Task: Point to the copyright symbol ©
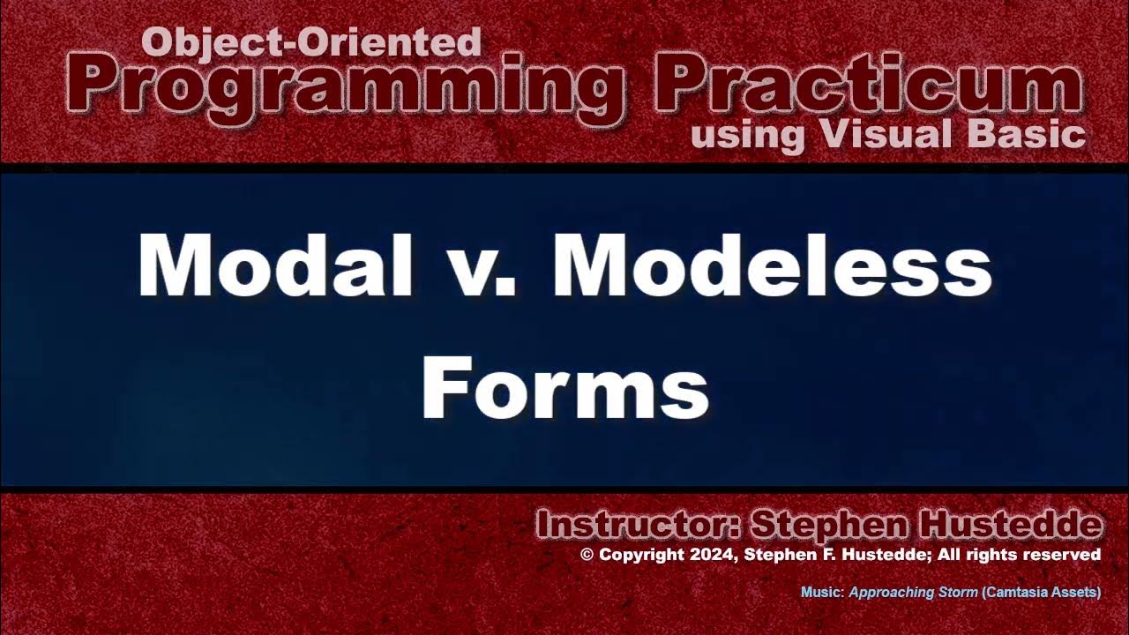tap(587, 555)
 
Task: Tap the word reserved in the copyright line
tap(1068, 555)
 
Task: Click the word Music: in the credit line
tap(822, 593)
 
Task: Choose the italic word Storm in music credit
tap(956, 593)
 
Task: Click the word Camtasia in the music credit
tap(1018, 593)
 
